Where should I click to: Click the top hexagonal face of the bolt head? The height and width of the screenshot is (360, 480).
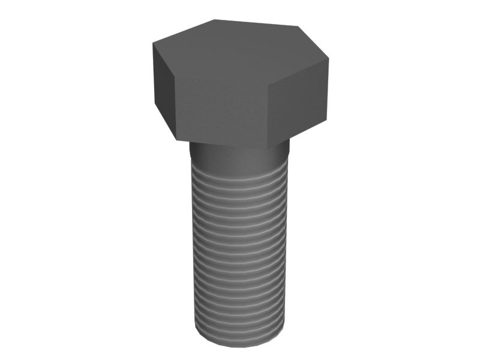[x=240, y=51]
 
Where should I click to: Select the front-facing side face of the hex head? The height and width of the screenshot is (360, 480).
[x=221, y=111]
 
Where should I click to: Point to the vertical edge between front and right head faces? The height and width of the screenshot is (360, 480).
[x=268, y=114]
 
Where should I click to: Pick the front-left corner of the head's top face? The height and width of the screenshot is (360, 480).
[x=175, y=77]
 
